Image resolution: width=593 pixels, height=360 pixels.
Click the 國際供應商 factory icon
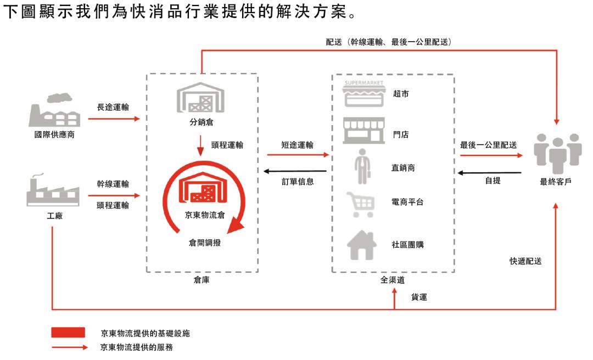click(x=53, y=110)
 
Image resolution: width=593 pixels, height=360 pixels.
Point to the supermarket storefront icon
click(x=363, y=94)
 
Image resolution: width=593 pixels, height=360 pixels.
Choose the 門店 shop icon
click(x=363, y=130)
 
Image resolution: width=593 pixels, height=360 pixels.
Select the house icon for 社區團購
click(x=362, y=244)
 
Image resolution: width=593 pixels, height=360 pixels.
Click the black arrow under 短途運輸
click(x=296, y=171)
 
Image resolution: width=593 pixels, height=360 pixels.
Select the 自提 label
click(x=493, y=181)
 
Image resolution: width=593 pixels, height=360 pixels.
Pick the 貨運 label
click(x=419, y=297)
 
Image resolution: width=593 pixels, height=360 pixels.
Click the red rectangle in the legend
click(x=68, y=333)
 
